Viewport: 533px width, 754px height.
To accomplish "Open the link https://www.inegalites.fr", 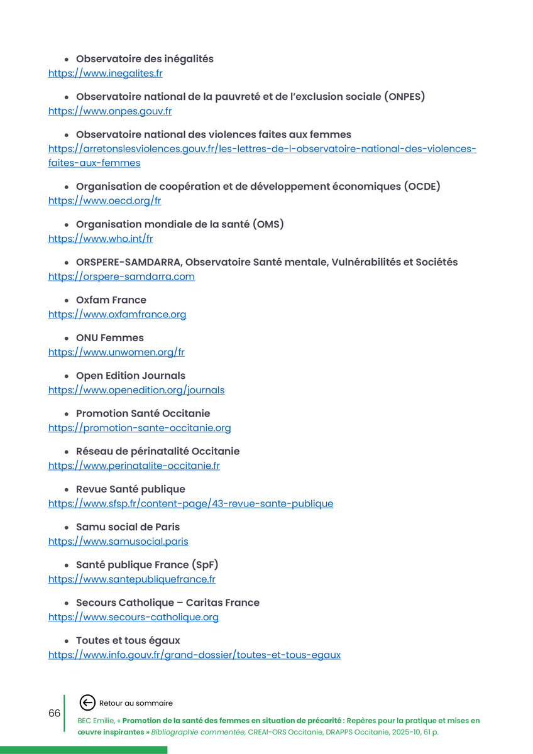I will (x=106, y=74).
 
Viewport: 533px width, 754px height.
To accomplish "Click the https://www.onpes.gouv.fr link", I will (x=110, y=111).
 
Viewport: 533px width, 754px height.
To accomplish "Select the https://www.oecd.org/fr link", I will (x=105, y=201).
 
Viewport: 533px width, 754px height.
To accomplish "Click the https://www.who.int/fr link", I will (x=101, y=239).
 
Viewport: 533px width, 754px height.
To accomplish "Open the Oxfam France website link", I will (x=117, y=314).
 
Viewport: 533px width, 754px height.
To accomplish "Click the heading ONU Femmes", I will (x=110, y=338).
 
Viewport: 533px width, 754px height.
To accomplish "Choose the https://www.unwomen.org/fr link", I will (x=116, y=352).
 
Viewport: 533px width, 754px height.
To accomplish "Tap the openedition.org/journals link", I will (x=136, y=390).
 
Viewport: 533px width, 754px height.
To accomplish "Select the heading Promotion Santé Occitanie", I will (x=143, y=413).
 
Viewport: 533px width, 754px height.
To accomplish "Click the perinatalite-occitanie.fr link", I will (x=134, y=466).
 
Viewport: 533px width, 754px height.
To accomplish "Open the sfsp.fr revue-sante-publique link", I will (x=190, y=503).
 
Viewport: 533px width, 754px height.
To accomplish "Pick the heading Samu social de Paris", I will (x=128, y=527).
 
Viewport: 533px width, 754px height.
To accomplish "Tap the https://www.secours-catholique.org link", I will (x=133, y=617).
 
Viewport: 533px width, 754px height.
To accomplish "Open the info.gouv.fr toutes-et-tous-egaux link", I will (x=194, y=655).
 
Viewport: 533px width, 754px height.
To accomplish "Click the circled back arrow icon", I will (x=88, y=703).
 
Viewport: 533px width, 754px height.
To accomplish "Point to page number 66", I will (x=55, y=713).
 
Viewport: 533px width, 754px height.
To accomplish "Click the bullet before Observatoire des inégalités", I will (x=67, y=60).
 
